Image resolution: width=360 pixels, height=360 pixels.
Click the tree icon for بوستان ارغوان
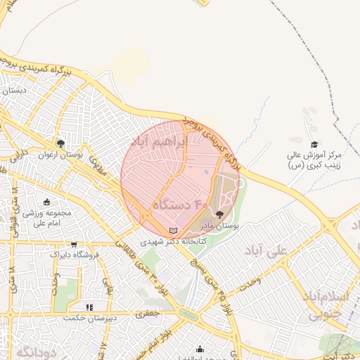[61, 143]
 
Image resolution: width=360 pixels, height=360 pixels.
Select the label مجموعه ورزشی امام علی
[48, 218]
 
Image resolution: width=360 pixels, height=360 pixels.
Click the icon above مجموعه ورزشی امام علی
[47, 202]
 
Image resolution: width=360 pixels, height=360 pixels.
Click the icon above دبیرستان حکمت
[89, 307]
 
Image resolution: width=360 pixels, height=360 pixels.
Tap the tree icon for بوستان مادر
[220, 215]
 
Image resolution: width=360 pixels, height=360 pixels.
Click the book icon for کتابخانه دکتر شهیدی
[174, 230]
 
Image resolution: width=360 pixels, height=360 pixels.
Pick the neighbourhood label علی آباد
[269, 251]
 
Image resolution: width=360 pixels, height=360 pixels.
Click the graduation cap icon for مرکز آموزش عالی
[314, 143]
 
